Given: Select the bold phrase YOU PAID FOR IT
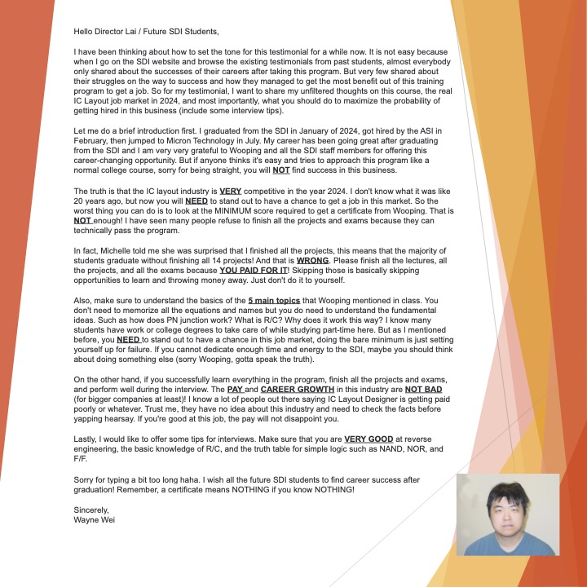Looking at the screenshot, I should coord(253,269).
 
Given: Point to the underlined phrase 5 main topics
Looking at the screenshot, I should coord(274,300).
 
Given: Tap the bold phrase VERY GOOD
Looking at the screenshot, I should coord(369,439).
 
